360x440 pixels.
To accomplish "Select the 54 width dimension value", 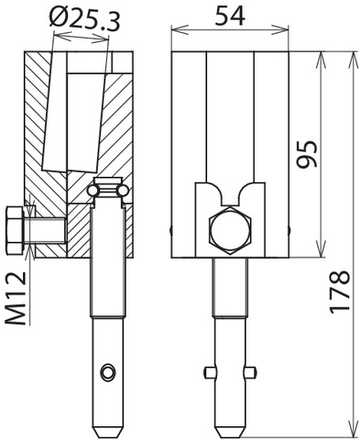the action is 230,16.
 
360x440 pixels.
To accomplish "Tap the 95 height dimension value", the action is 308,154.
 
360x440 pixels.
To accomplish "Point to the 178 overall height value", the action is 340,291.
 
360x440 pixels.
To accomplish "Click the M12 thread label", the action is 16,298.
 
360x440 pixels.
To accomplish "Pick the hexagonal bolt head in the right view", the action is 230,230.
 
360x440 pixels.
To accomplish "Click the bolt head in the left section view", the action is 14,230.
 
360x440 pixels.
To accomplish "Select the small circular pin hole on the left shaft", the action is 108,372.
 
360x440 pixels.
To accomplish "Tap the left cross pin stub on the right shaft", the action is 209,372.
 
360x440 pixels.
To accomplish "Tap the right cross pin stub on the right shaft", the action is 250,372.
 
